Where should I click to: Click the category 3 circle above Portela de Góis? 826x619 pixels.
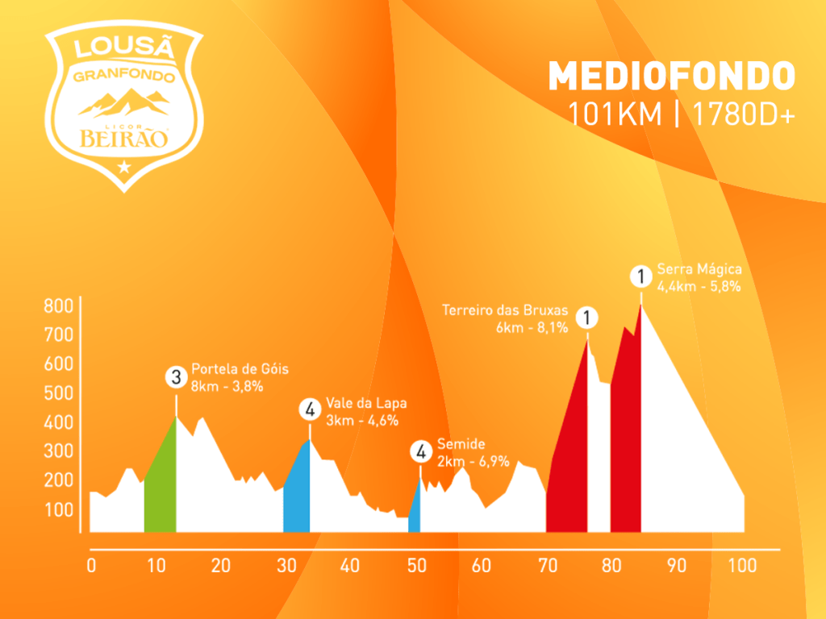[x=176, y=376]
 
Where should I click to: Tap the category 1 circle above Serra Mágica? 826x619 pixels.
[x=640, y=277]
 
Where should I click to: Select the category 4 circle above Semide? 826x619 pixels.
[x=420, y=451]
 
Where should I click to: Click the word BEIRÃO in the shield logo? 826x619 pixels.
[x=123, y=139]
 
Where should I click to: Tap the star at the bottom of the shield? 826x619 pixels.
[x=123, y=167]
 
